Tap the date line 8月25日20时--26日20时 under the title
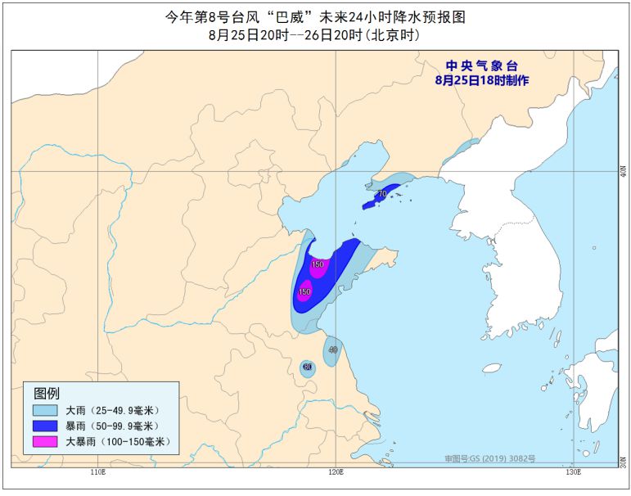[315, 34]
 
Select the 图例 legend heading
[47, 394]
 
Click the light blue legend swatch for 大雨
[46, 410]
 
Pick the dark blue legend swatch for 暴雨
[46, 426]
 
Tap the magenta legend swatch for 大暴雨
[46, 442]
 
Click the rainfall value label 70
[381, 194]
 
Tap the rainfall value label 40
[332, 349]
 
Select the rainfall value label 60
[307, 367]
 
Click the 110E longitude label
[97, 473]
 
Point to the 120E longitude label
[335, 473]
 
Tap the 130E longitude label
[573, 473]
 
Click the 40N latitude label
[624, 171]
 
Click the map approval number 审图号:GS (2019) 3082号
[489, 458]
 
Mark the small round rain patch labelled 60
[307, 368]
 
